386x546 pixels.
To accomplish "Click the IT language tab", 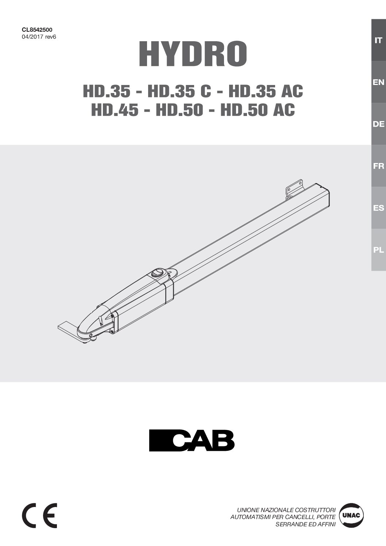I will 378,40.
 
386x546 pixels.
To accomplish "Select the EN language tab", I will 378,82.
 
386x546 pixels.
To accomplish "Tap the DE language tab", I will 378,124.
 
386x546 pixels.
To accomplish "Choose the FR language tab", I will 378,166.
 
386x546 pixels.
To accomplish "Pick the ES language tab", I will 378,208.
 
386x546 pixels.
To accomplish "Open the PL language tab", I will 378,250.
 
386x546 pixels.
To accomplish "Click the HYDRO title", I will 193,54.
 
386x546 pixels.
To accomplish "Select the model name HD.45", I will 115,110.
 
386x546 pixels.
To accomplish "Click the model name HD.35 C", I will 179,91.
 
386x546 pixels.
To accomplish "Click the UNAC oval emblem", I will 352,515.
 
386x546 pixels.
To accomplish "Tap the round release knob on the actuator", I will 158,273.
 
